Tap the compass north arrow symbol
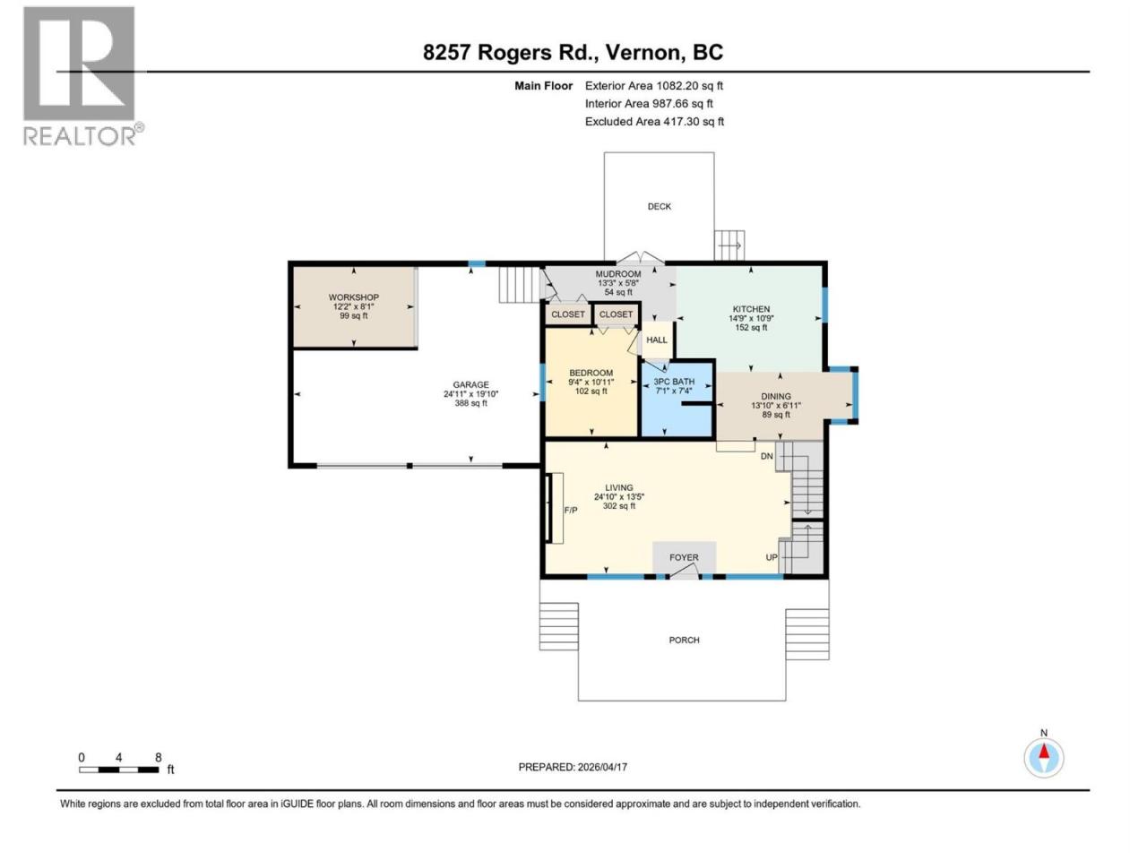tap(1044, 757)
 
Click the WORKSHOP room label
tap(354, 297)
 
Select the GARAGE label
tap(470, 385)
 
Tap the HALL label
tap(657, 340)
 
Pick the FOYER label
tap(684, 558)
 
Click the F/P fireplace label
tap(571, 510)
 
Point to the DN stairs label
tap(766, 456)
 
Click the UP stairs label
tap(772, 558)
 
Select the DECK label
tap(660, 207)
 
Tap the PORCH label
tap(684, 641)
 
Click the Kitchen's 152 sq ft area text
tap(752, 328)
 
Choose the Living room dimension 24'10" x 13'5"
tap(619, 497)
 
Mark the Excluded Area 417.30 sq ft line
tap(654, 122)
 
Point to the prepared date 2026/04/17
tap(602, 767)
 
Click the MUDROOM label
tap(618, 274)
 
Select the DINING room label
tap(776, 397)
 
